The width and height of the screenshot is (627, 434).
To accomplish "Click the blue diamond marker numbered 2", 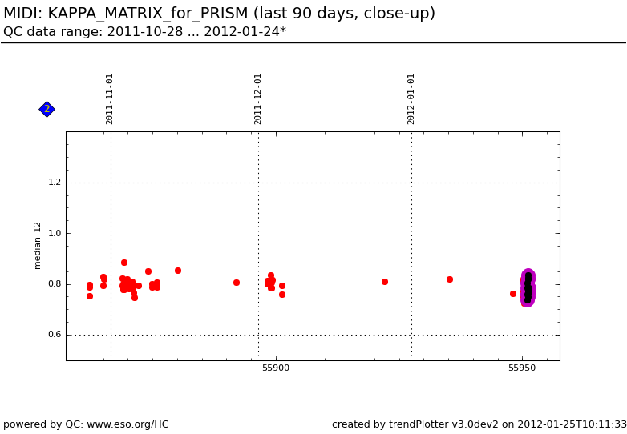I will click(x=47, y=109).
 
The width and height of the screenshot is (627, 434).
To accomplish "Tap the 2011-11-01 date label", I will click(x=110, y=98).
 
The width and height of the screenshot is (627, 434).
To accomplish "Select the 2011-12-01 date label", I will click(x=258, y=98).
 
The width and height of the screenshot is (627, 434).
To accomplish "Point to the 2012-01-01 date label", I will click(x=411, y=98).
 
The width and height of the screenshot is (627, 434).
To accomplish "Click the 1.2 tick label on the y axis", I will click(x=54, y=183).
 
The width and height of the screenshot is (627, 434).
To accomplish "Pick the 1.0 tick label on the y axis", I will click(x=54, y=234).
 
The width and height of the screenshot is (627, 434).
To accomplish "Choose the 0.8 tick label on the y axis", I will click(x=54, y=284).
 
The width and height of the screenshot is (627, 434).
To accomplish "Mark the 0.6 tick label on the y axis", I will click(x=54, y=335).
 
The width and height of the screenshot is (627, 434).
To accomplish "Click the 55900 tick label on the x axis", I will click(x=276, y=368).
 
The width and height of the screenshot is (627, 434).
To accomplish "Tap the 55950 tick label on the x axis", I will click(x=522, y=368).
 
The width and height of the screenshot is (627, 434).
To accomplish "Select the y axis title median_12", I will click(x=38, y=245).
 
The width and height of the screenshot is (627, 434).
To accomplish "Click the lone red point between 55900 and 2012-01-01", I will click(x=385, y=282).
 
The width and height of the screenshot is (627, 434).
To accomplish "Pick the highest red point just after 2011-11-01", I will click(x=124, y=263).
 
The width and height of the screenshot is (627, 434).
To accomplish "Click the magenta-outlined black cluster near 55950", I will click(x=528, y=288).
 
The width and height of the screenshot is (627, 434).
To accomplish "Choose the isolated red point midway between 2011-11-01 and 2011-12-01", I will click(x=237, y=283).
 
